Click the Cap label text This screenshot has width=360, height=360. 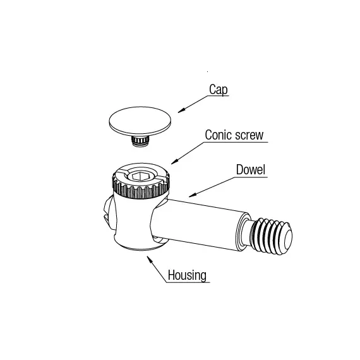pyautogui.click(x=219, y=90)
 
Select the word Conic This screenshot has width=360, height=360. pyautogui.click(x=219, y=135)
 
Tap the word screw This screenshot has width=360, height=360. pyautogui.click(x=249, y=135)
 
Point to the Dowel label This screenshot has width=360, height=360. pyautogui.click(x=251, y=170)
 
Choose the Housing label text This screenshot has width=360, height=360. pyautogui.click(x=187, y=275)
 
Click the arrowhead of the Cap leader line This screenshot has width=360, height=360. pyautogui.click(x=181, y=111)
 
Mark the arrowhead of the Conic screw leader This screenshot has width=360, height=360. pyautogui.click(x=174, y=162)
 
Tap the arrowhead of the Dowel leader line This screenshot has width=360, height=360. pyautogui.click(x=193, y=195)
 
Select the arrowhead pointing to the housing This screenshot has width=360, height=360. pyautogui.click(x=150, y=259)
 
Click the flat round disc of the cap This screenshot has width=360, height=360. pyautogui.click(x=140, y=121)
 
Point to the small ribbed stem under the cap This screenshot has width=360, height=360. pyautogui.click(x=140, y=140)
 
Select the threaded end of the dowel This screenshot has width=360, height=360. pyautogui.click(x=271, y=236)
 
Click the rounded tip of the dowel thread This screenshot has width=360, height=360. pyautogui.click(x=288, y=237)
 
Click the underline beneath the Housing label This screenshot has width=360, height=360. pyautogui.click(x=188, y=282)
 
